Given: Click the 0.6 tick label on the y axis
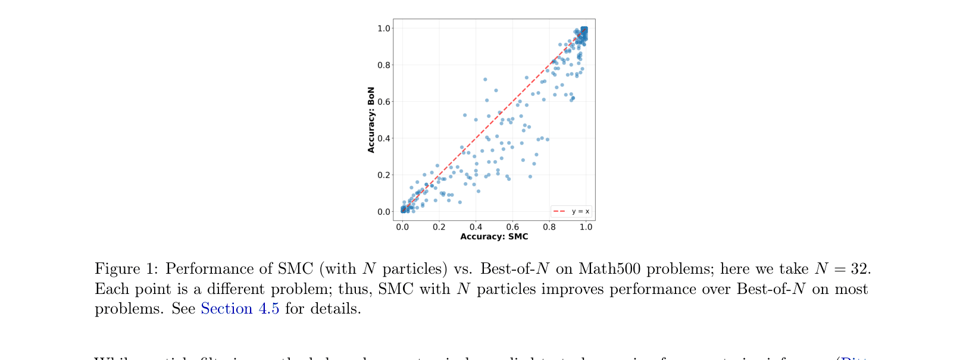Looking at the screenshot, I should [384, 102].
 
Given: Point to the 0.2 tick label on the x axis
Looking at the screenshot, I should [439, 227].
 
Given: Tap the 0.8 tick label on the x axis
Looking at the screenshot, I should [549, 227].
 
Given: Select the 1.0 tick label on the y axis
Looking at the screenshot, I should [384, 29].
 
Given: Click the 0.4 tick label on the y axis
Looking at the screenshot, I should [384, 139].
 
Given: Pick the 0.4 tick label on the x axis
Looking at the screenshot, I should [476, 227].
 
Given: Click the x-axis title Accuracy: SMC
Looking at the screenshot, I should [494, 236].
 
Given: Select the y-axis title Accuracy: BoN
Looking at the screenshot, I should [371, 120].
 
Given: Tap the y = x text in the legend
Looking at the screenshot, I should [580, 211].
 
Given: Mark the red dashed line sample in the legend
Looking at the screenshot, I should [559, 211].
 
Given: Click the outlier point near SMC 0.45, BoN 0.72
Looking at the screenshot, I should [485, 79].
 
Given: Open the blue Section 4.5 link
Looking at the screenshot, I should [240, 309].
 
